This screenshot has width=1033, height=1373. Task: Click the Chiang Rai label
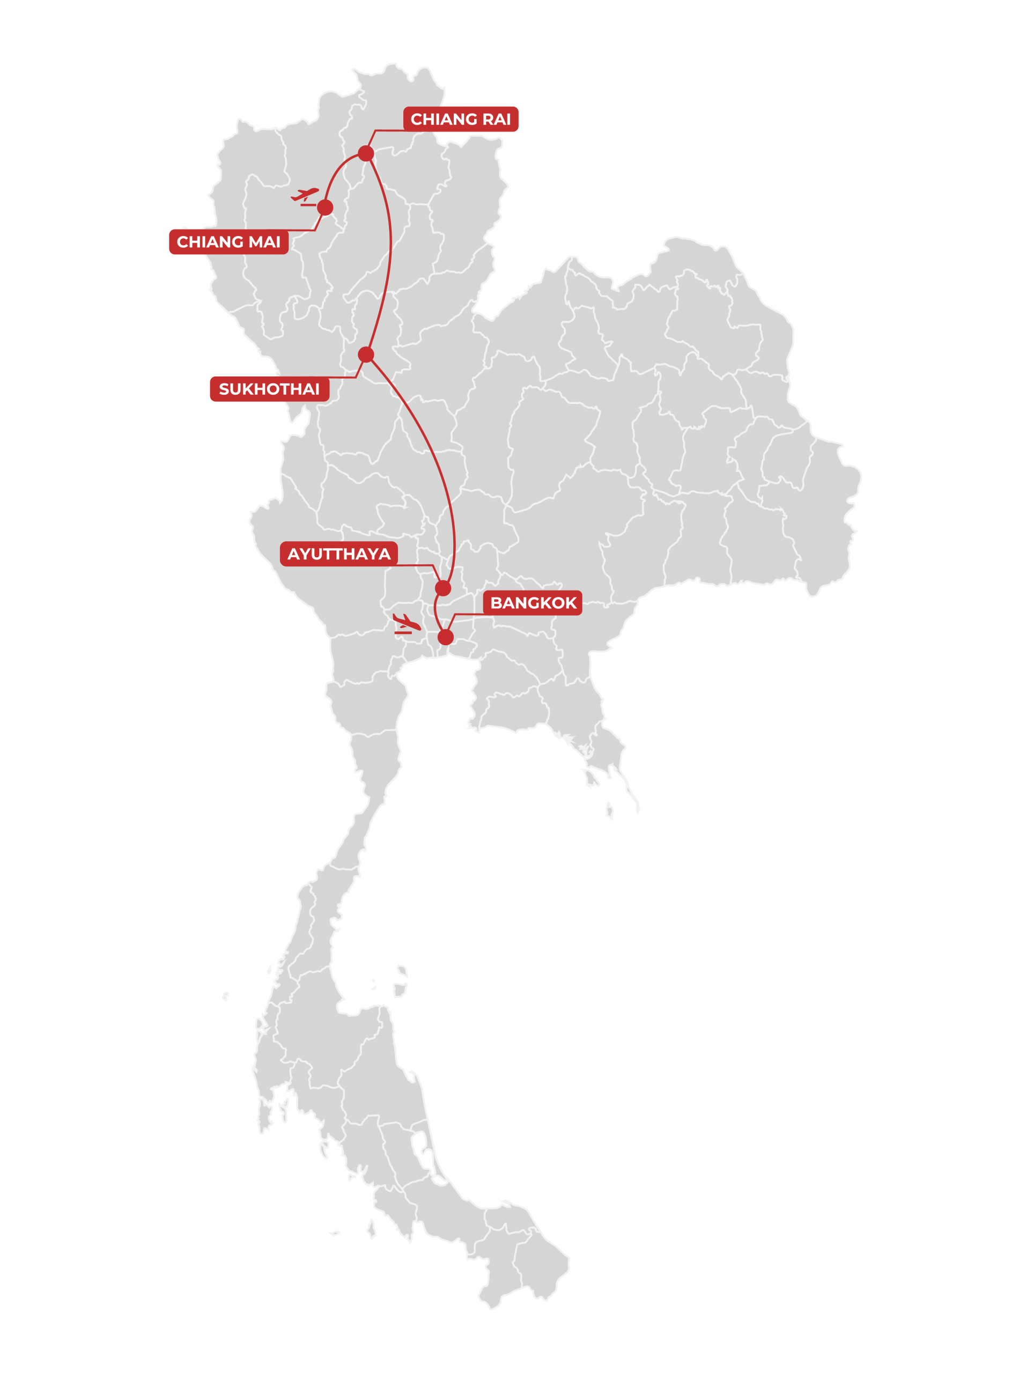[x=461, y=119]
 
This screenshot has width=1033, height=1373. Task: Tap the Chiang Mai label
[x=228, y=241]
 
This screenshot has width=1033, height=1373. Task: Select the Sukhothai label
[x=269, y=389]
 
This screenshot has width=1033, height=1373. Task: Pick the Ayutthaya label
[x=339, y=553]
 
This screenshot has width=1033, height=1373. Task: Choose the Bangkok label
[x=533, y=603]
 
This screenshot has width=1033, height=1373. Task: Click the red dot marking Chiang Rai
[x=366, y=153]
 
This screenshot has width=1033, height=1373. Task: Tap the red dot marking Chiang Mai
[x=324, y=208]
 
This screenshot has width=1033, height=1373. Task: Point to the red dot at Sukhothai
[x=366, y=355]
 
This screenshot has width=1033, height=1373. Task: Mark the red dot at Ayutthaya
[x=442, y=588]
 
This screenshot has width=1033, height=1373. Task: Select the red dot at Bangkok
[x=446, y=637]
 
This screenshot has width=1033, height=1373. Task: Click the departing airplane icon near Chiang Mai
[x=305, y=196]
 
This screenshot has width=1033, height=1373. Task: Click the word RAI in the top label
[x=497, y=119]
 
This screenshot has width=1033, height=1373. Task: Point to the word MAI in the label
[x=265, y=241]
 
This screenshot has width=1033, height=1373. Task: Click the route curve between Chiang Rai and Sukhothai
[x=390, y=248]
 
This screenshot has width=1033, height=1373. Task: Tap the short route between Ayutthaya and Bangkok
[x=436, y=612]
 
